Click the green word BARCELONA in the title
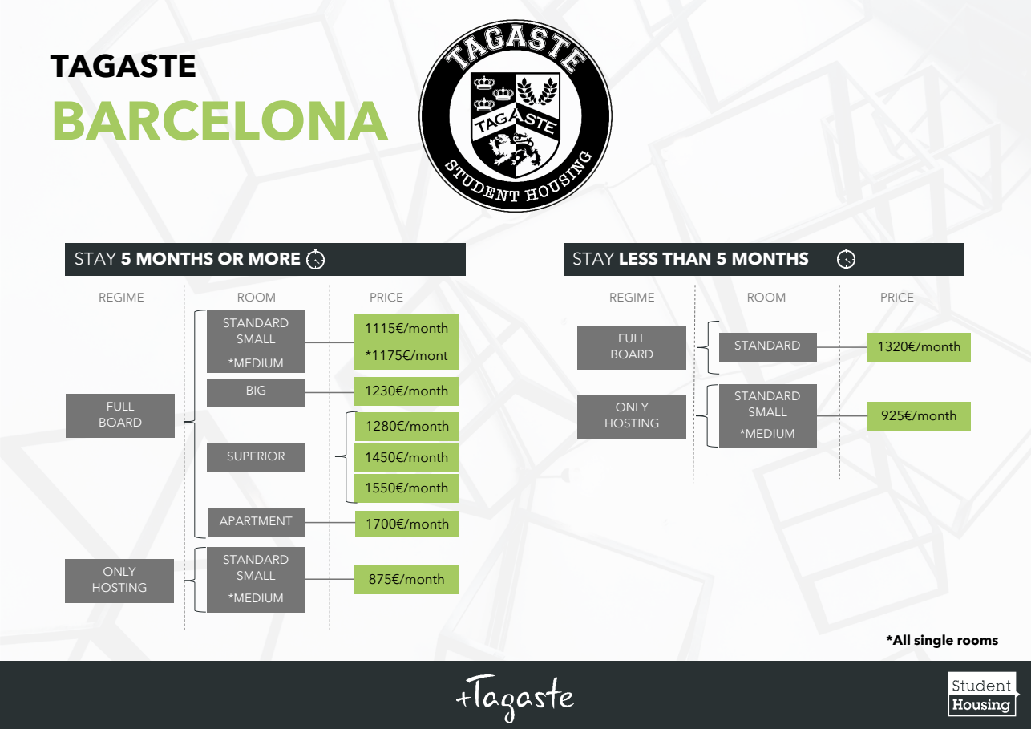point(220,122)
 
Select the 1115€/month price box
point(406,328)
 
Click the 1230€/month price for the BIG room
point(406,391)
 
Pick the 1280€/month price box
point(406,427)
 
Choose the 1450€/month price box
point(406,457)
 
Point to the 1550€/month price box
point(406,488)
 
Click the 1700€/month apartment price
point(406,524)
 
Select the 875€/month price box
point(406,579)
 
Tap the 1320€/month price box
point(918,347)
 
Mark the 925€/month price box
point(918,416)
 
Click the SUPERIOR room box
point(256,457)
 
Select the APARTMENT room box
point(256,522)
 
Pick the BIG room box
point(256,392)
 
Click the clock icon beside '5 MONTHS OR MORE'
point(316,260)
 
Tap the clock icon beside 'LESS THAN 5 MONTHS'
point(846,260)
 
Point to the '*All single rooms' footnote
point(942,640)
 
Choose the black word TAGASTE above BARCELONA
point(123,67)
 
